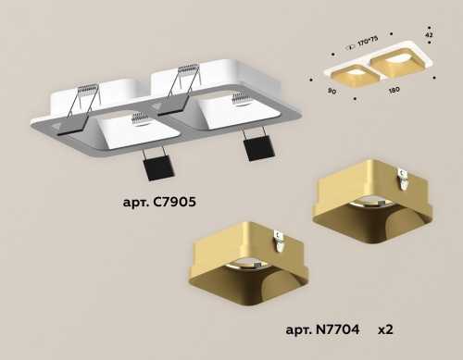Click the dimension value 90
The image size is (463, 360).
coord(331,92)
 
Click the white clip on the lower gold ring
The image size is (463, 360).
coord(279,237)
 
